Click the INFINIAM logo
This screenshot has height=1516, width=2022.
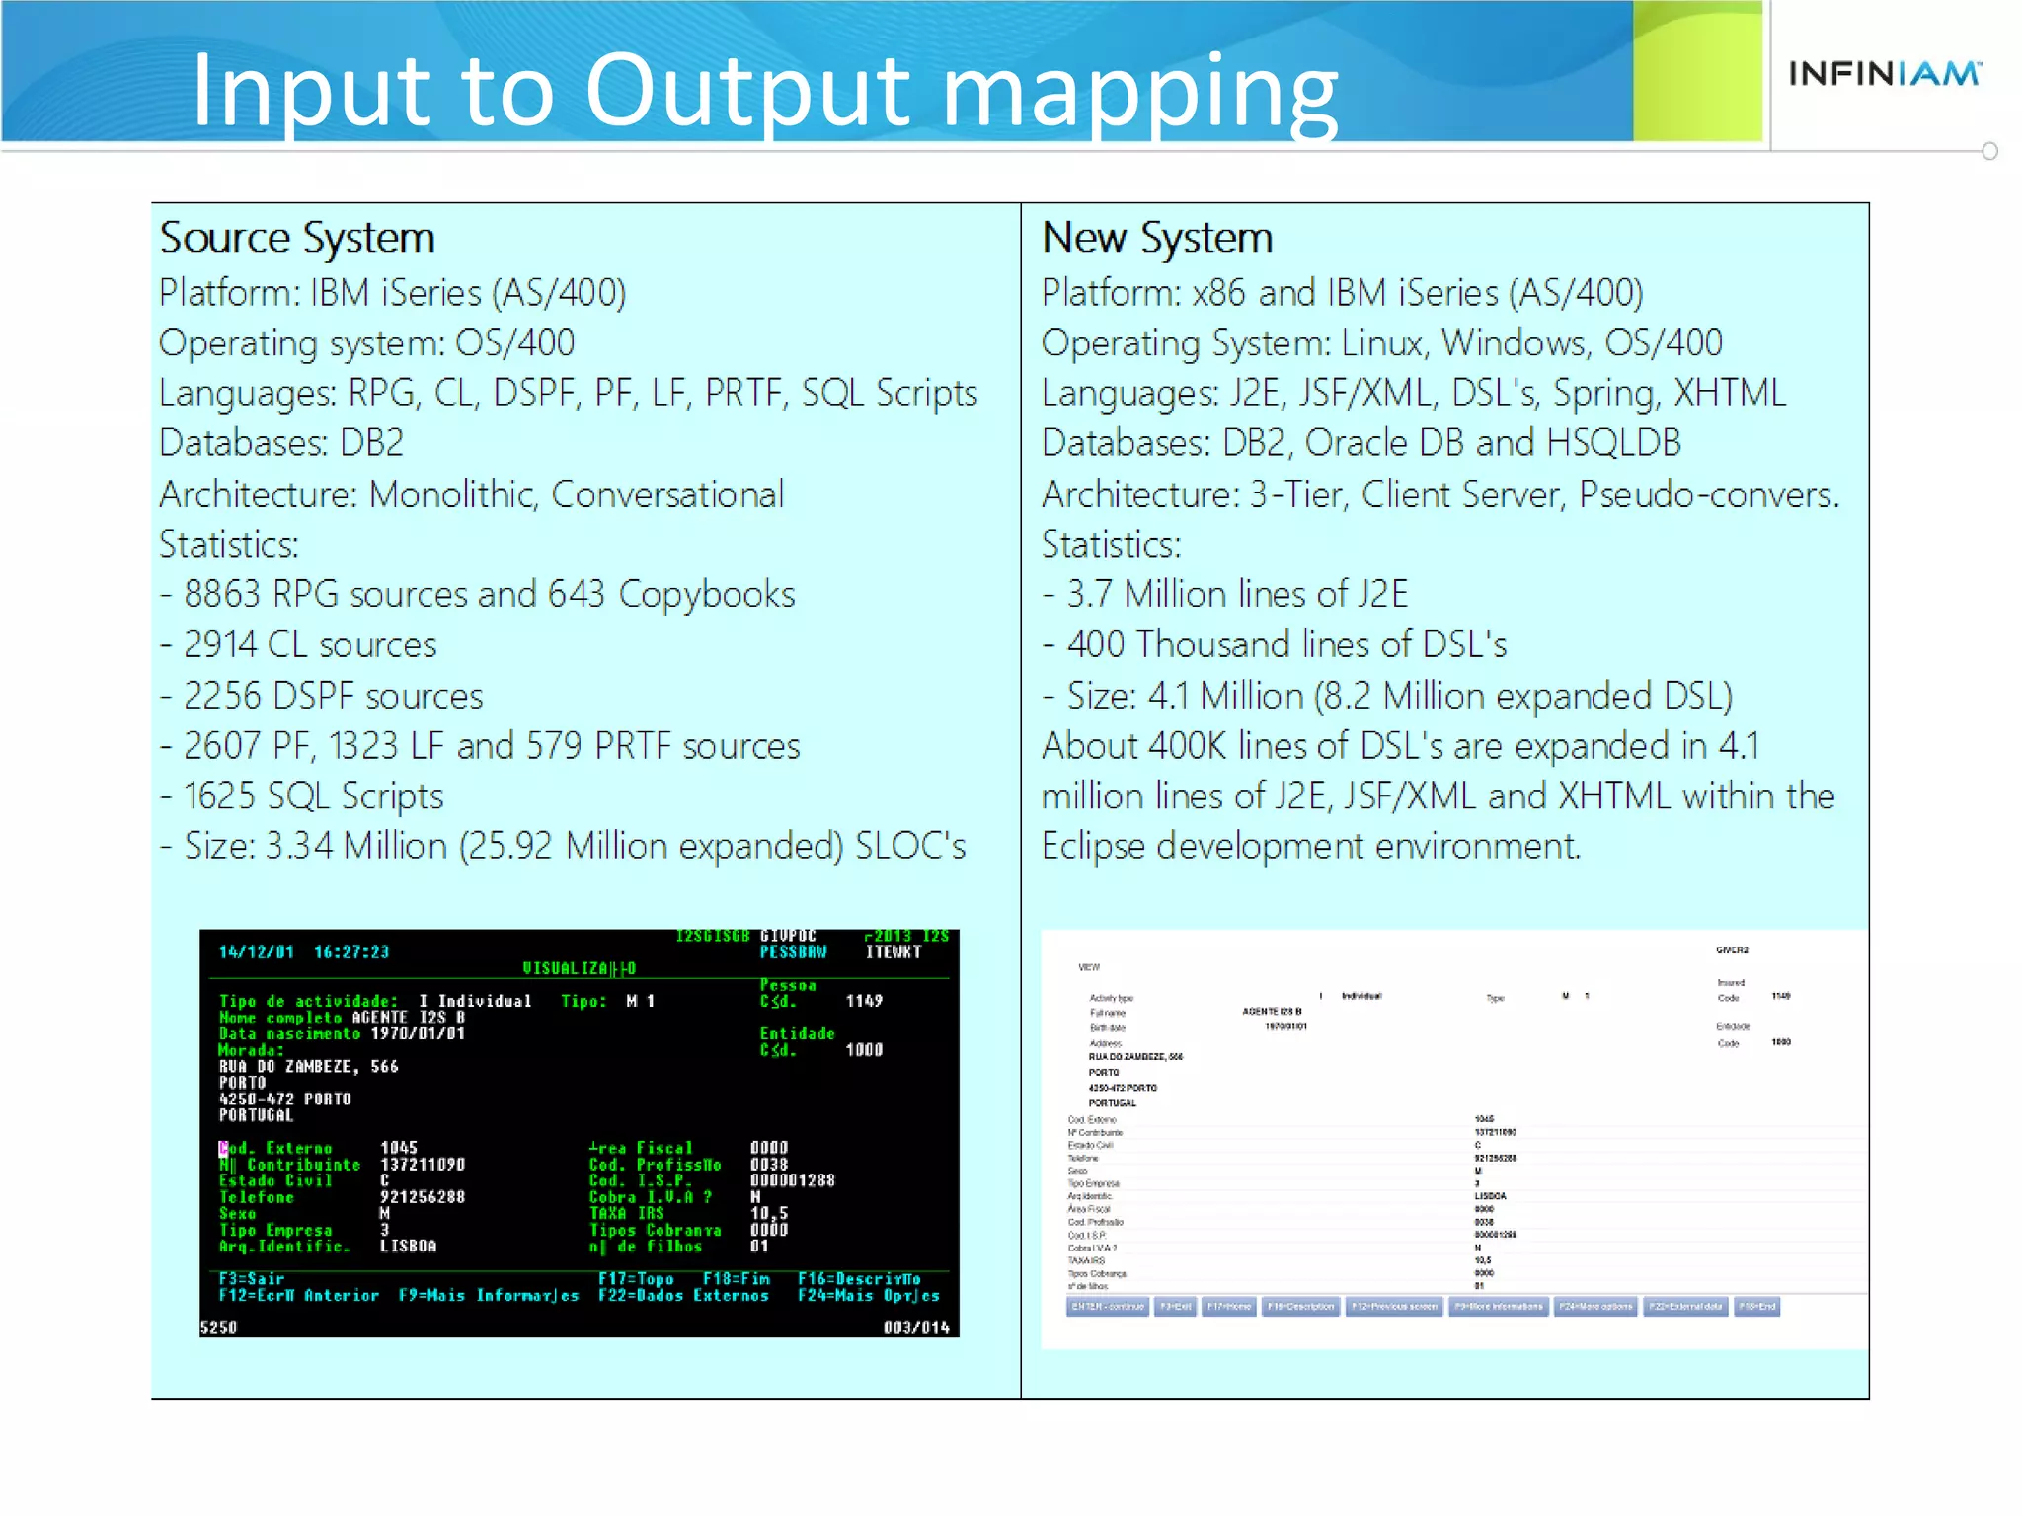(1884, 73)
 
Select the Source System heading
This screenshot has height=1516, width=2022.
(297, 238)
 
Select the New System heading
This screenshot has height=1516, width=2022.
(1156, 238)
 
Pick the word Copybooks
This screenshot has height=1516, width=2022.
(706, 595)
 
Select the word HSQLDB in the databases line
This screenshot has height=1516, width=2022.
(1613, 443)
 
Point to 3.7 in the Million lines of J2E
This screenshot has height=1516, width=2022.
(1089, 595)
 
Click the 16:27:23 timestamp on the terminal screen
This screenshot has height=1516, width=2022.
(351, 952)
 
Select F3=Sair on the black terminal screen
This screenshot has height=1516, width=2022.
(251, 1279)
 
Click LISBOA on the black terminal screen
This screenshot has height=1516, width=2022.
(408, 1247)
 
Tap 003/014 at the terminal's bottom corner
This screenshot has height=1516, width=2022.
(915, 1328)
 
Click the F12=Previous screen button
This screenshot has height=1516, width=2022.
(1393, 1307)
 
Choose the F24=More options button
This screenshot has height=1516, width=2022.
(1595, 1307)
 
